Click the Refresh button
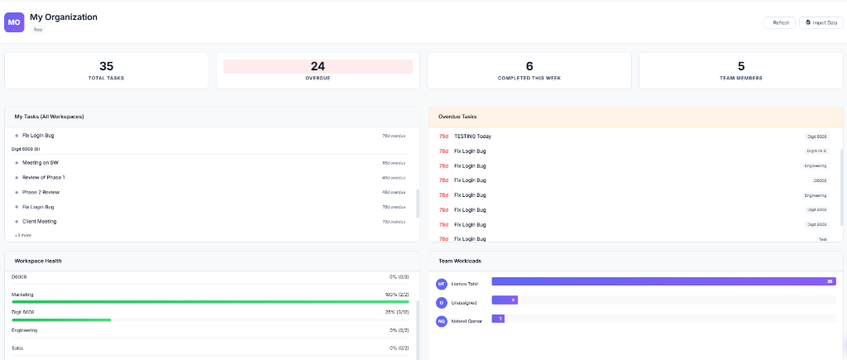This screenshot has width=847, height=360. [x=780, y=22]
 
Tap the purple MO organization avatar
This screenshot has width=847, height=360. [x=14, y=22]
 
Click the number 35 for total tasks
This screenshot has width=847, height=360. [x=106, y=66]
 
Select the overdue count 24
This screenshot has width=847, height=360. [x=318, y=66]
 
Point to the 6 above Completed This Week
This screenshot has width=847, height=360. [x=529, y=66]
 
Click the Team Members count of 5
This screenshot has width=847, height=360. [x=741, y=66]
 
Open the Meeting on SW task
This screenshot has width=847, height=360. [x=41, y=163]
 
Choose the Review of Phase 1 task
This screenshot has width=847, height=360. [x=44, y=177]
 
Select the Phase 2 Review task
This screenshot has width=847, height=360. [x=41, y=192]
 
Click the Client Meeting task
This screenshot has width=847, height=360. [x=40, y=222]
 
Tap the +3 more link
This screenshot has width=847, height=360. [x=22, y=235]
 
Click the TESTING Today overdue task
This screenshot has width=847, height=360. [x=472, y=136]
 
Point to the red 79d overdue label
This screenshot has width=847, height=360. [x=443, y=136]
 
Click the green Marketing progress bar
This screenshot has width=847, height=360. [x=210, y=302]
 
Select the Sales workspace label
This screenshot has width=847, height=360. [x=17, y=348]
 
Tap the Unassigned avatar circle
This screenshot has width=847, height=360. [x=442, y=302]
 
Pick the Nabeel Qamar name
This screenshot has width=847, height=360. [x=467, y=320]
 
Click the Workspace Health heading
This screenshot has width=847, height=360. [x=38, y=261]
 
